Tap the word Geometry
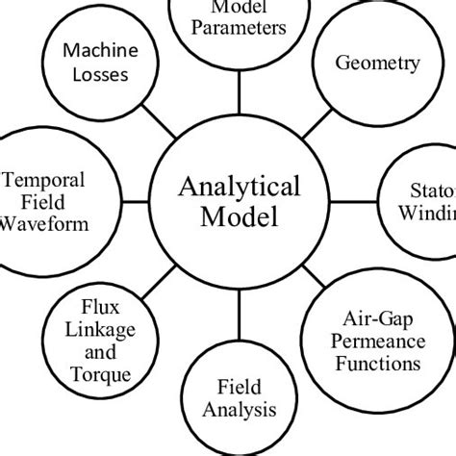[377, 64]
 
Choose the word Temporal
[45, 179]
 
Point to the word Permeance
[378, 342]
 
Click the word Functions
[378, 364]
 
